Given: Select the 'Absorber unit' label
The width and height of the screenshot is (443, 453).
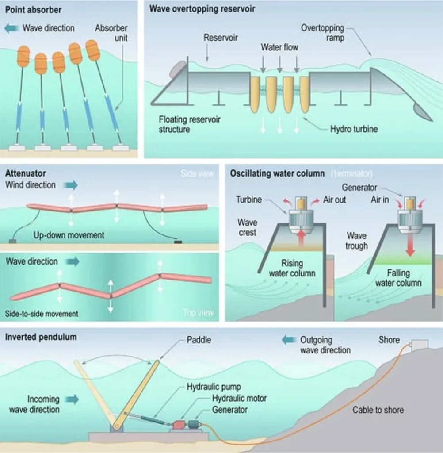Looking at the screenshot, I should coord(111,33).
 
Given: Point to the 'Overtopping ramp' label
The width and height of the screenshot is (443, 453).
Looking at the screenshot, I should coord(322,33).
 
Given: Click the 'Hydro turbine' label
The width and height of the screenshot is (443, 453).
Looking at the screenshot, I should coord(354,129).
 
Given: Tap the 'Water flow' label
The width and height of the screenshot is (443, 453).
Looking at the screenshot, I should coord(279,47).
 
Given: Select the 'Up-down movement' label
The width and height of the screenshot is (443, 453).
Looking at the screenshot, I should coord(69,235).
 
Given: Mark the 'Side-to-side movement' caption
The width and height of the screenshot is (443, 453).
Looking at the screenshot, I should coord(42,314).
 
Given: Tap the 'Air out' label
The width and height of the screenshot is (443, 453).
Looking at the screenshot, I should coord(334,200).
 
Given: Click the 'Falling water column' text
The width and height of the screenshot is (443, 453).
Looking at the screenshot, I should coord(398,278).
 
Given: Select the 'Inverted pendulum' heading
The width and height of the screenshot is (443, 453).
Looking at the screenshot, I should coord(41,337).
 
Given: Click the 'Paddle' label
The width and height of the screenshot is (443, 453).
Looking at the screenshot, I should coord(199,340).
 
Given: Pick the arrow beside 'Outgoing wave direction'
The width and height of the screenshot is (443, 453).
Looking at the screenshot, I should coord(289,340).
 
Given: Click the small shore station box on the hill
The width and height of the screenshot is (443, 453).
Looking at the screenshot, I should coord(420,344).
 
